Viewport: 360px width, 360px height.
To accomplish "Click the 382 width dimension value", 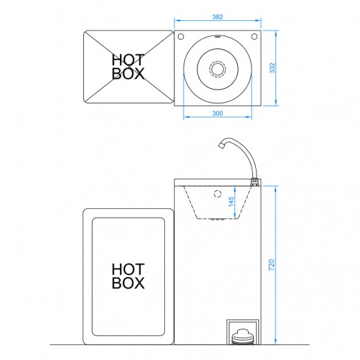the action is click(218, 17).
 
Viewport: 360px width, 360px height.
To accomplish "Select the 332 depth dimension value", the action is click(272, 68).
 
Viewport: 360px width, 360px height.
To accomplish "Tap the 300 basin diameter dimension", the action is click(218, 113).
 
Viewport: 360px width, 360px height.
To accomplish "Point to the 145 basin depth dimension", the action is click(231, 202).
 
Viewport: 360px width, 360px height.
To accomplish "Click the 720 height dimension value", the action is click(272, 265).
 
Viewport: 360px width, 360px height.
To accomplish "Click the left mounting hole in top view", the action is click(181, 37).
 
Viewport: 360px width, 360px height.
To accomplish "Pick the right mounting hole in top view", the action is click(254, 37).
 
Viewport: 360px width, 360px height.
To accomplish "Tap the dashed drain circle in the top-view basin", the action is click(218, 69).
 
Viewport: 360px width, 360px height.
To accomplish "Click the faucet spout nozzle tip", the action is click(220, 145).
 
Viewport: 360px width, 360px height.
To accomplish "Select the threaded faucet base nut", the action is click(254, 181).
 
